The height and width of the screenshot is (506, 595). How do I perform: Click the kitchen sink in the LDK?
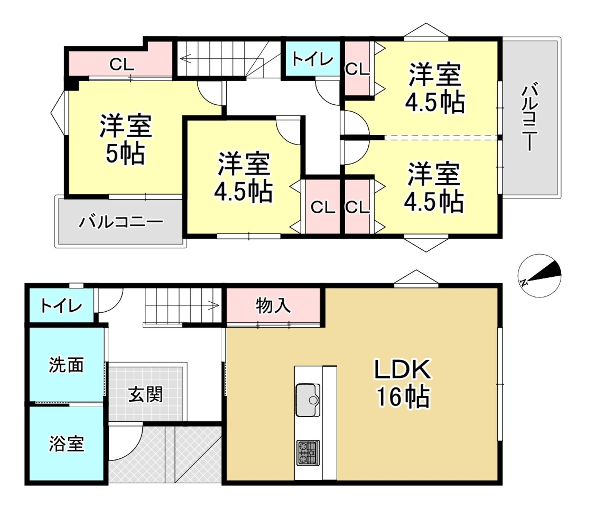click(308, 400)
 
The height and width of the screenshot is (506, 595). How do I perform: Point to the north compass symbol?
click(540, 276)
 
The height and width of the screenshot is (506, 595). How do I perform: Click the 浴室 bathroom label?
click(67, 443)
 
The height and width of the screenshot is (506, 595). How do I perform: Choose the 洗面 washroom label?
click(66, 365)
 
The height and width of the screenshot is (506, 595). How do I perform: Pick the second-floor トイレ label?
click(312, 59)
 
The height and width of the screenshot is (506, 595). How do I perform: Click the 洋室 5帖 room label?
click(126, 140)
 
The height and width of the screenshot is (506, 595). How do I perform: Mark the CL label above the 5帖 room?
click(122, 65)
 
